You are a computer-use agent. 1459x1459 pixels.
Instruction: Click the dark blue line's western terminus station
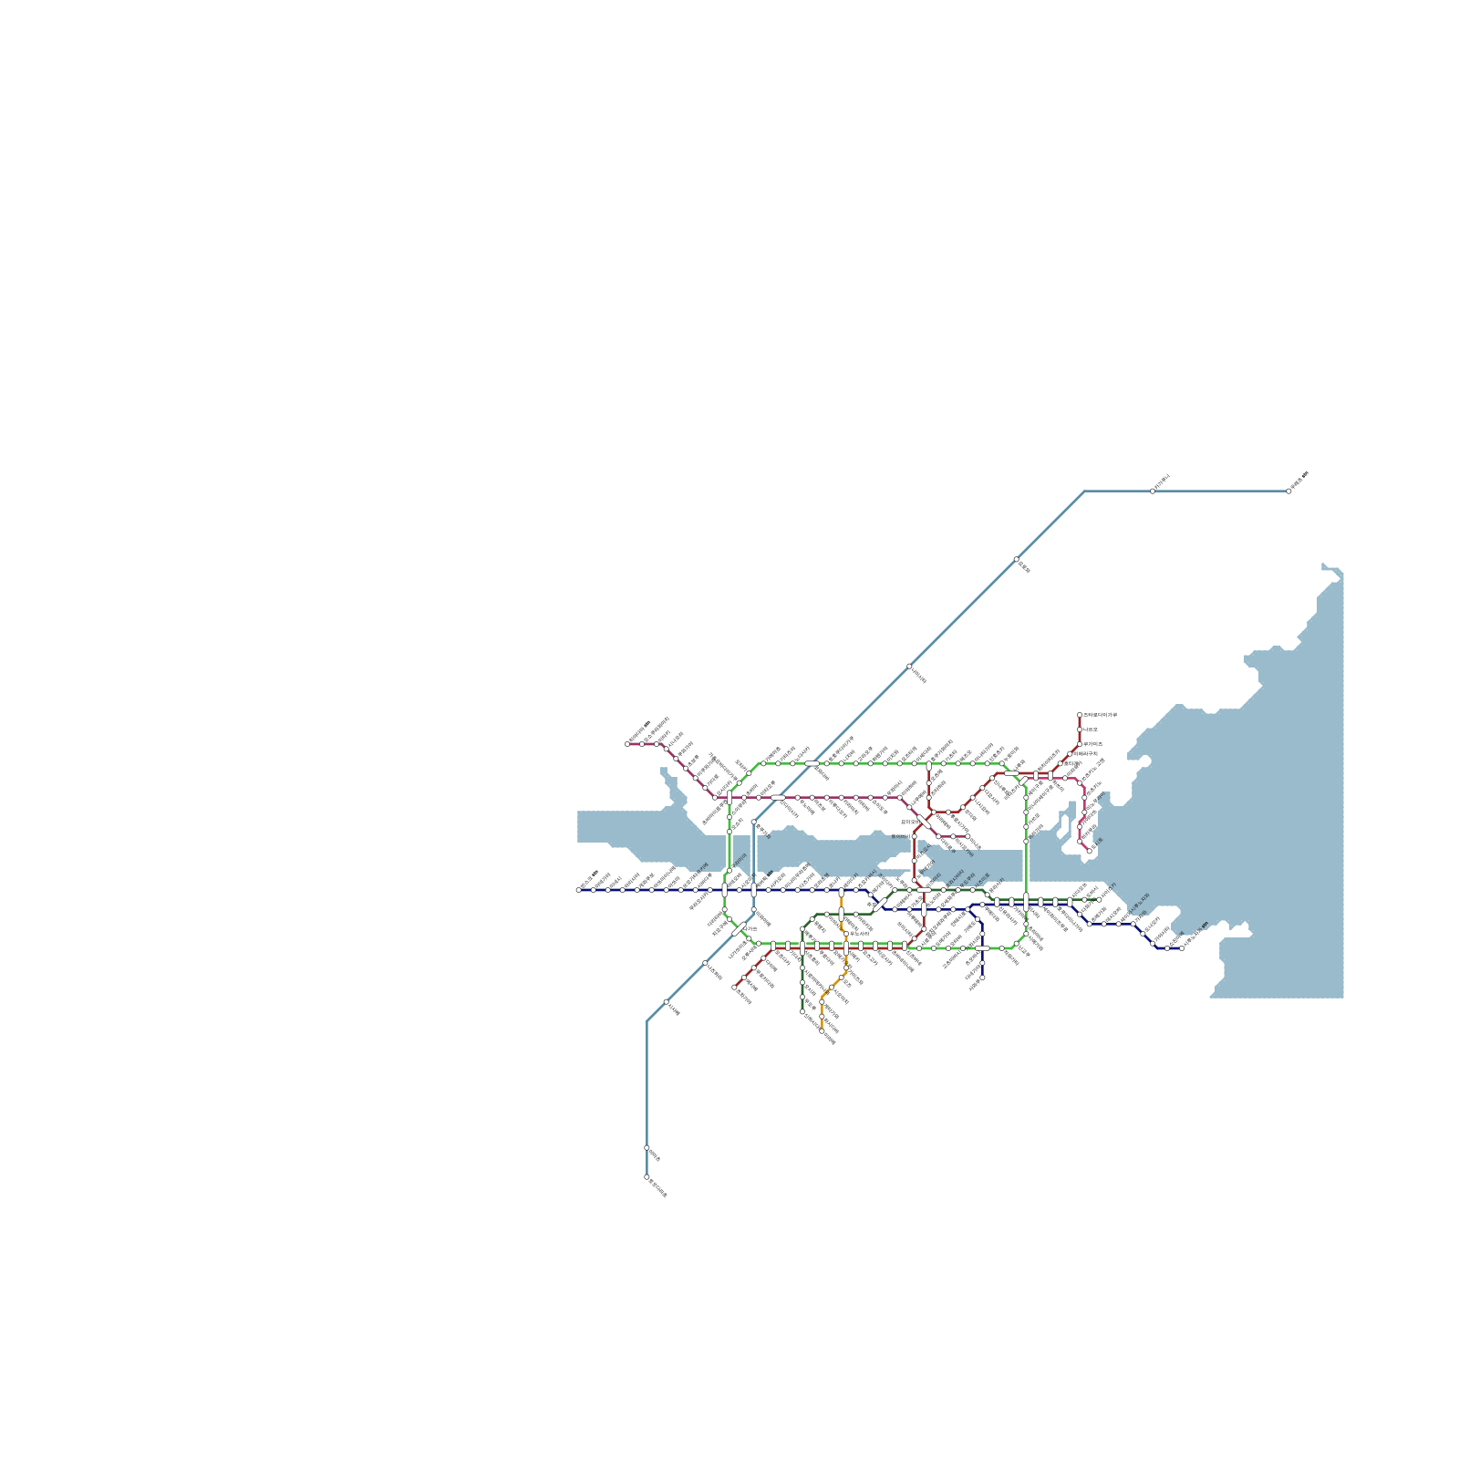click(x=578, y=890)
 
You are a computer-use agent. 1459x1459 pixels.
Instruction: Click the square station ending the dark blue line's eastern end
click(x=1182, y=947)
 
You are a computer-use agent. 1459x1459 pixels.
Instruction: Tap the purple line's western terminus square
click(x=627, y=744)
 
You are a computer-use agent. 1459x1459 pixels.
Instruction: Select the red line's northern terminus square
click(x=1080, y=715)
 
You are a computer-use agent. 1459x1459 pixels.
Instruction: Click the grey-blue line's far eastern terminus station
click(x=1288, y=491)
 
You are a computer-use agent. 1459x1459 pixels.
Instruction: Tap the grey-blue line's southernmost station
click(x=647, y=1177)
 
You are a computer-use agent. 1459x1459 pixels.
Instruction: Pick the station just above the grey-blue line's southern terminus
click(x=647, y=1148)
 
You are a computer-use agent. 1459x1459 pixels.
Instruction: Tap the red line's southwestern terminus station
click(x=734, y=987)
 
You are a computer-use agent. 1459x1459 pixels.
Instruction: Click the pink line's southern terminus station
click(x=1089, y=852)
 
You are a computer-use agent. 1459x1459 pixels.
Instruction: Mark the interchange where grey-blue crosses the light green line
click(x=812, y=763)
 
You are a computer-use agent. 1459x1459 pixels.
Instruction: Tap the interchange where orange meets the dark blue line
click(x=841, y=890)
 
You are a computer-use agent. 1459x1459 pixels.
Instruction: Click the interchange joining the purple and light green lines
click(x=729, y=798)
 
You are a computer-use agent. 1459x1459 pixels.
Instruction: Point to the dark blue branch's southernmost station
click(x=982, y=978)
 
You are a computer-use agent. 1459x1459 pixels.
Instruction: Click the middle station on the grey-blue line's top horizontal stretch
click(x=1153, y=491)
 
